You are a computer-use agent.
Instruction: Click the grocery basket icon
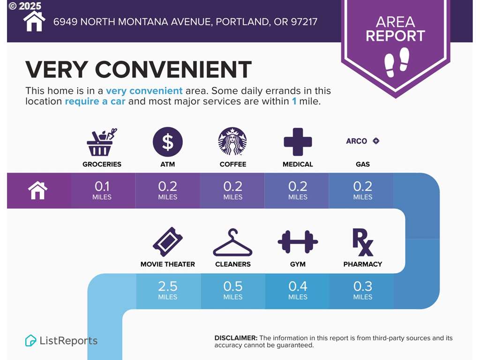tap(102, 142)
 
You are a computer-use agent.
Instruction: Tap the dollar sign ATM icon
tap(168, 142)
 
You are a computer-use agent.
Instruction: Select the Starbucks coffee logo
tap(232, 142)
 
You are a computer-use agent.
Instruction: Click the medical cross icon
tap(298, 142)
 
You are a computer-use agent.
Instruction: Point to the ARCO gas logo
tap(363, 141)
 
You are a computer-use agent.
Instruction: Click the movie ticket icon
tap(168, 242)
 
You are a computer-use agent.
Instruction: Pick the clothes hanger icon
tap(232, 242)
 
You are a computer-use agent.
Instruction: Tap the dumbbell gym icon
tap(298, 242)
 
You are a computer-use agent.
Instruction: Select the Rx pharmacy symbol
tap(363, 242)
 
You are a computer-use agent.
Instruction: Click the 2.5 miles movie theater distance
tap(168, 290)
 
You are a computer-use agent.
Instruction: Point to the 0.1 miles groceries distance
tap(102, 190)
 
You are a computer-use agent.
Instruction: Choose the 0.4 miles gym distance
tap(298, 290)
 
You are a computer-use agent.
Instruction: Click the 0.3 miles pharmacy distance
tap(363, 290)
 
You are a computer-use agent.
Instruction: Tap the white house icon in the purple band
tap(37, 190)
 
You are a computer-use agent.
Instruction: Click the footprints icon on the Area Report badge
tap(397, 62)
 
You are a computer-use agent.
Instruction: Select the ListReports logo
tap(61, 340)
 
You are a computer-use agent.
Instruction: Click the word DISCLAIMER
tap(236, 338)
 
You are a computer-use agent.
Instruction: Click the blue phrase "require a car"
tap(95, 101)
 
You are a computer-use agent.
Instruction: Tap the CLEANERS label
tap(232, 264)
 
